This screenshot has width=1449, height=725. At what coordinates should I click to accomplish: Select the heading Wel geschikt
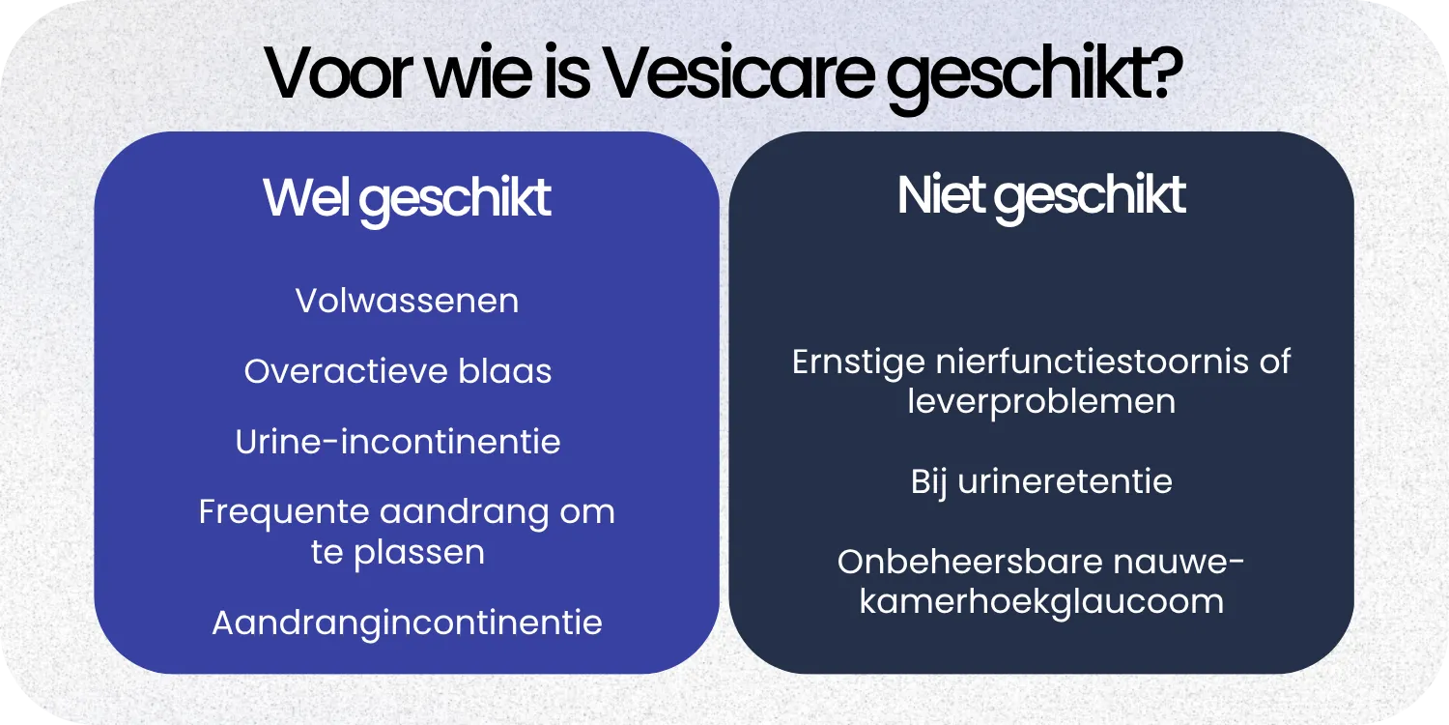pyautogui.click(x=407, y=198)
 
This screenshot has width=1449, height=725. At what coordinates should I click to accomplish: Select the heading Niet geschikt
pyautogui.click(x=1041, y=196)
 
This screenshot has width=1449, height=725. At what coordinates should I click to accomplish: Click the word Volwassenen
pyautogui.click(x=407, y=301)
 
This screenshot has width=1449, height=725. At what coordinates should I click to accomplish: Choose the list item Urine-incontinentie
pyautogui.click(x=398, y=442)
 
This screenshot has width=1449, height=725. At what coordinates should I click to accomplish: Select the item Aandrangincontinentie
pyautogui.click(x=407, y=623)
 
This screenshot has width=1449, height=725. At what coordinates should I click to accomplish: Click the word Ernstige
pyautogui.click(x=859, y=362)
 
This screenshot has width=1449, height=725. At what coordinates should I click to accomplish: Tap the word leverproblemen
pyautogui.click(x=1041, y=402)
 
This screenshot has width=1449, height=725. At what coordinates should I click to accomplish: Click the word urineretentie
pyautogui.click(x=1065, y=481)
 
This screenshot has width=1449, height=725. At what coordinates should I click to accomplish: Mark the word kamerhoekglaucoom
pyautogui.click(x=1041, y=602)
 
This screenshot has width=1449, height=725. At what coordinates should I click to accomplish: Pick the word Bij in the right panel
pyautogui.click(x=928, y=481)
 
